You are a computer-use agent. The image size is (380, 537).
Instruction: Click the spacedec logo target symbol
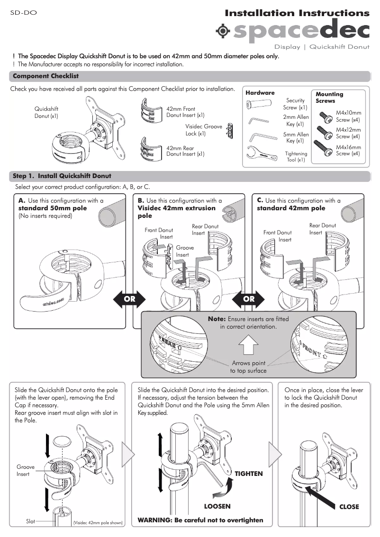tap(222, 31)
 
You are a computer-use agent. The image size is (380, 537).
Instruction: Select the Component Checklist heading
tap(45, 76)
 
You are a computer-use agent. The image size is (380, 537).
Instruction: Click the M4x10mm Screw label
tap(348, 116)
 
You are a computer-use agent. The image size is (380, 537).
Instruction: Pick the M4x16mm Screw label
tap(348, 151)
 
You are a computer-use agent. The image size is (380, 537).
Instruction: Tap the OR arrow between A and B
tap(129, 299)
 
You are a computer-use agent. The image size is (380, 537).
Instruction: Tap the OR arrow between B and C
tap(249, 299)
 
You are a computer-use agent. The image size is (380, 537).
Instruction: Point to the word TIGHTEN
tap(249, 474)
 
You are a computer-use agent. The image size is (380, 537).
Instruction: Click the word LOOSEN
tap(217, 506)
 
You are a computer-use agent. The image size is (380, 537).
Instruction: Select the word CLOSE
tap(349, 507)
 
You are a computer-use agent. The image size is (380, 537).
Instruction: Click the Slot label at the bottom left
tap(30, 521)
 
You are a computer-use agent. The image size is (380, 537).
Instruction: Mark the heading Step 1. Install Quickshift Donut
tap(62, 176)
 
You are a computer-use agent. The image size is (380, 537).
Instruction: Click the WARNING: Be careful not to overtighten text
tap(200, 520)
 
